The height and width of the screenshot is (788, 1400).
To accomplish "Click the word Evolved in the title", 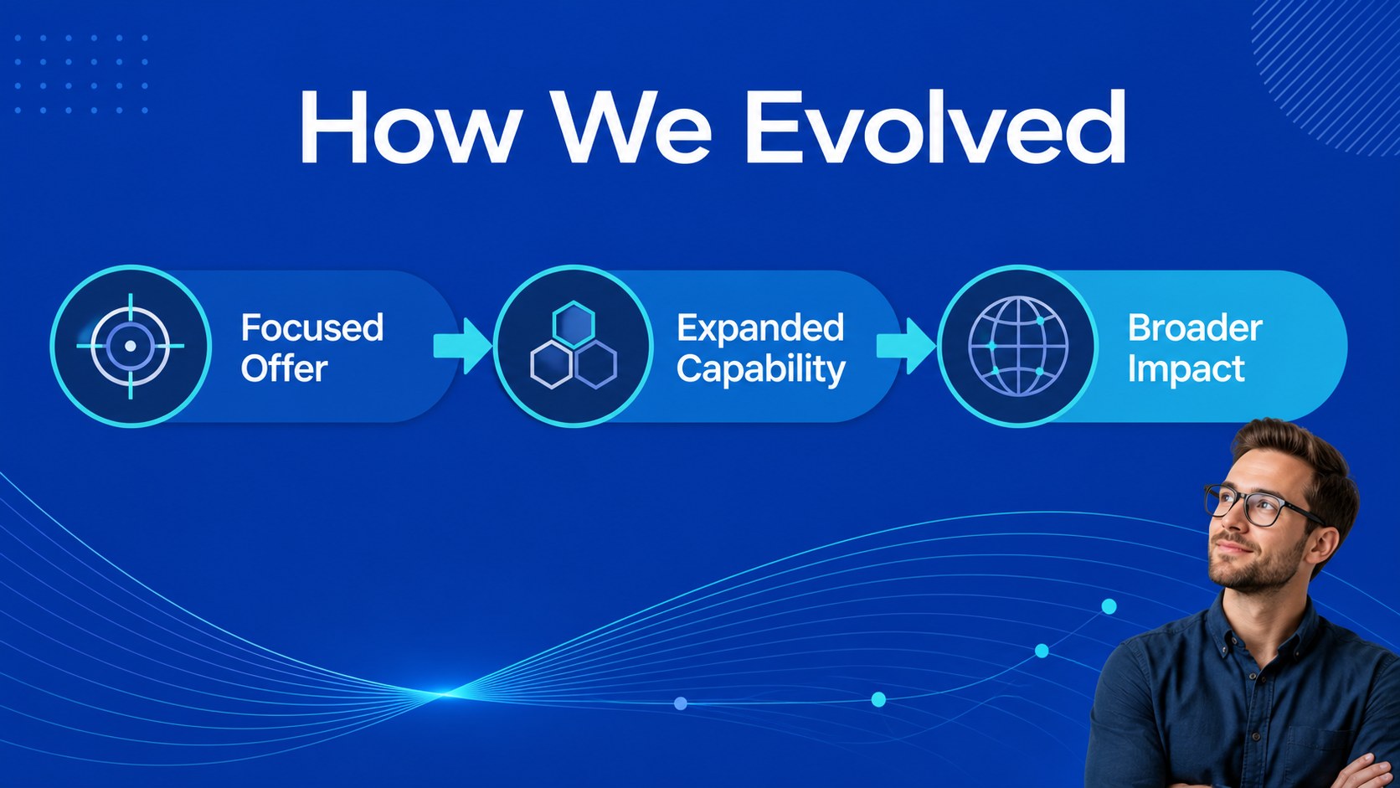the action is [935, 126].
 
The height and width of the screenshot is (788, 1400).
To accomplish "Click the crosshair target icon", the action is [131, 346].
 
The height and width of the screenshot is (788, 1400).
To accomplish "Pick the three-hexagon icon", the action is [574, 345].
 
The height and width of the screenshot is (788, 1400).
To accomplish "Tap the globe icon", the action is [1018, 346].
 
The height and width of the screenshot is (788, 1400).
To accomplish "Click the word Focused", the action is [311, 327].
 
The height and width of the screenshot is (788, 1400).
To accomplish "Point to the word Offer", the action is [285, 368].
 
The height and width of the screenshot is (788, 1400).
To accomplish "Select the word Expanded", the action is [760, 327].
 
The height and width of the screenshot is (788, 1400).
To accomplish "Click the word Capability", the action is [761, 369].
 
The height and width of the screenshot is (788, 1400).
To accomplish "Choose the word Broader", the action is [1195, 327].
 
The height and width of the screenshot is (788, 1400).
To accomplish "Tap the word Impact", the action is [1186, 369].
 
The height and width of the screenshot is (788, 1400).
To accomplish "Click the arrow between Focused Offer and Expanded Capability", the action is [462, 346].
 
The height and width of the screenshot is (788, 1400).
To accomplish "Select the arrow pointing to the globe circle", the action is [906, 346].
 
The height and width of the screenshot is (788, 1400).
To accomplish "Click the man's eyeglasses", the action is [1261, 505].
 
